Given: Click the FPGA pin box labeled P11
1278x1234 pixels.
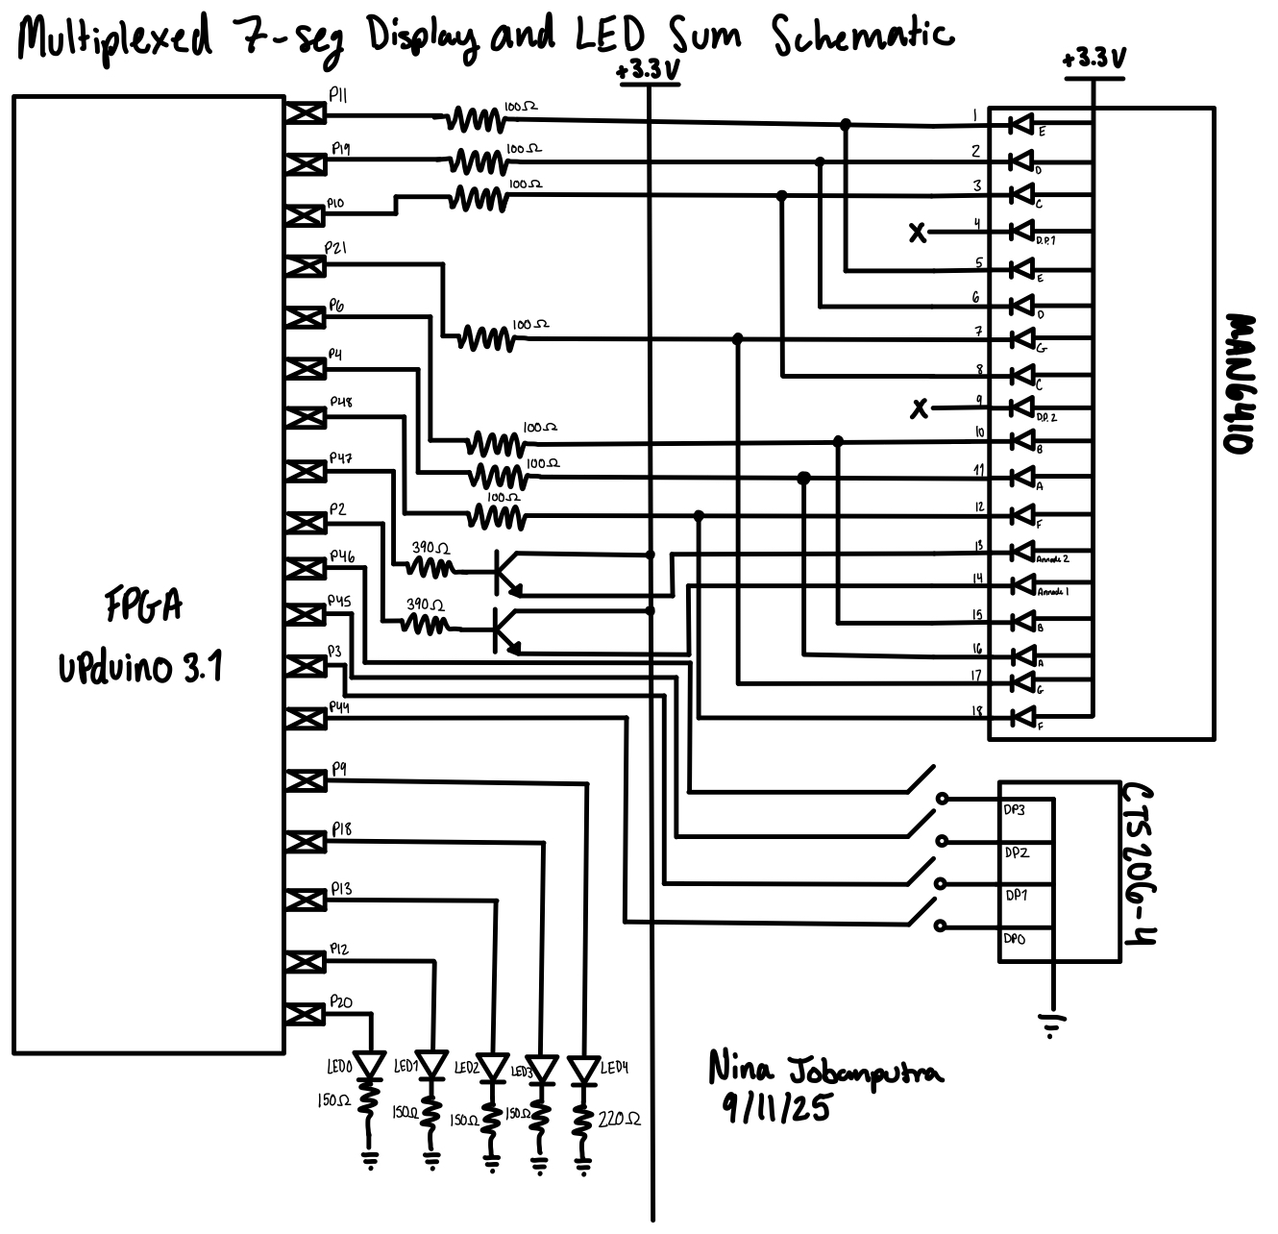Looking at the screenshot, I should (x=307, y=113).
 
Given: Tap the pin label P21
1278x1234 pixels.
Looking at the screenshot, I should (x=336, y=248).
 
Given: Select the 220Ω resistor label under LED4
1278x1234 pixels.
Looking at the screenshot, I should (x=621, y=1119).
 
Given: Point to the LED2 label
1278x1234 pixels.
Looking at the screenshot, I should (x=466, y=1068).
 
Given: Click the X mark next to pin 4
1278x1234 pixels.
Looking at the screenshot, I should (x=919, y=232).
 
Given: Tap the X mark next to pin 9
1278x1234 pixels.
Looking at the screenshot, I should (x=920, y=409).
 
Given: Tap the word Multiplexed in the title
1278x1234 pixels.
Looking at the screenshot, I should (x=115, y=38).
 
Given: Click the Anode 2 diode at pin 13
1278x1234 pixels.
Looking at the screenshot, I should (x=1022, y=553).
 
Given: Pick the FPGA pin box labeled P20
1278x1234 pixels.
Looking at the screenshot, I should (x=307, y=1015).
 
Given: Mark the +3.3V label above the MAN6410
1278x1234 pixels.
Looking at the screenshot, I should (x=1094, y=59).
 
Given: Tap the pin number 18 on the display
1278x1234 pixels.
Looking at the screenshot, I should (x=977, y=710).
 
